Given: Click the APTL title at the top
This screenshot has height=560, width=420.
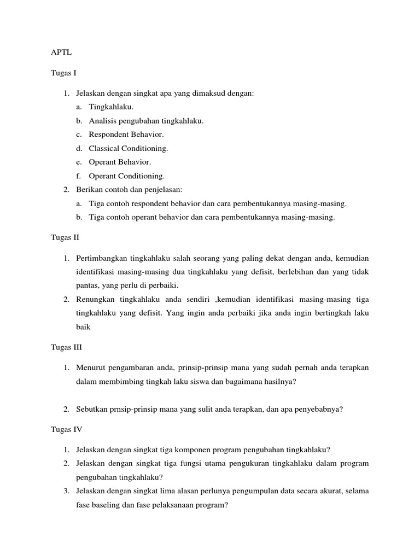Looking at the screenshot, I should click(61, 53).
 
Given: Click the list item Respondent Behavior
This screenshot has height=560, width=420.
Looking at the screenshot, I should click(126, 134).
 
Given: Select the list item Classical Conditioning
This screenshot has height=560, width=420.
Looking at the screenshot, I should click(129, 148).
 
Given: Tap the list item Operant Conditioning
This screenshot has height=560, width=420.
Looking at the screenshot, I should click(126, 176).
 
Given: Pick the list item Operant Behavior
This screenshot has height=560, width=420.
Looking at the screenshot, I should click(120, 162).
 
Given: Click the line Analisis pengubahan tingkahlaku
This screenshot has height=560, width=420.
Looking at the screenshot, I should click(146, 120).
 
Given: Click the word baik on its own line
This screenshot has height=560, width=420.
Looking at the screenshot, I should click(83, 326).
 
